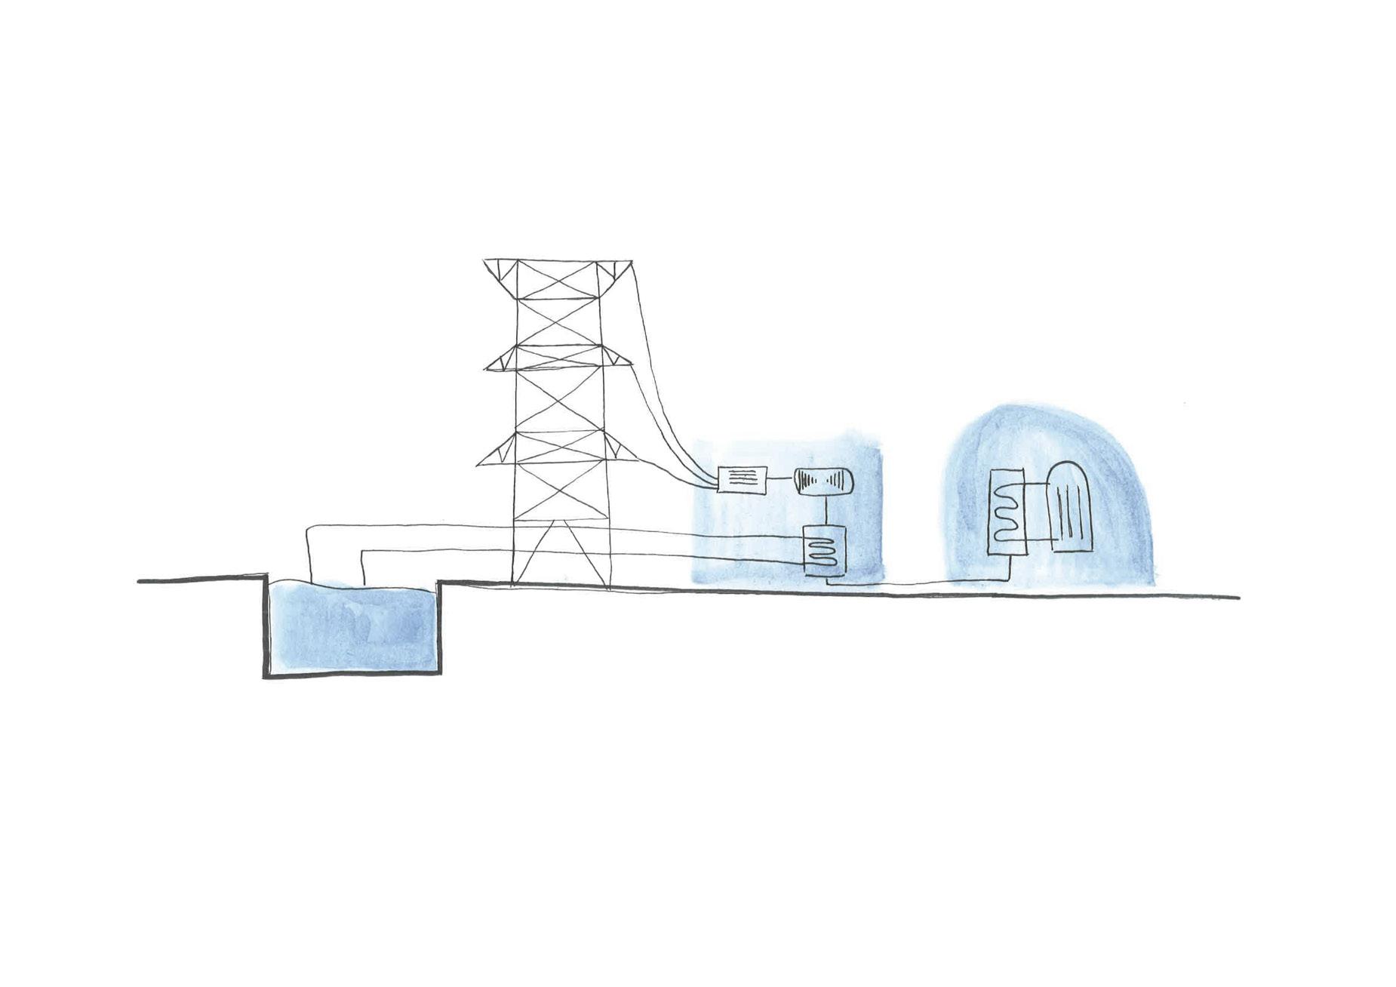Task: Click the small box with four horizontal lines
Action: (743, 478)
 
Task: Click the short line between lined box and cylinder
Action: (780, 480)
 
